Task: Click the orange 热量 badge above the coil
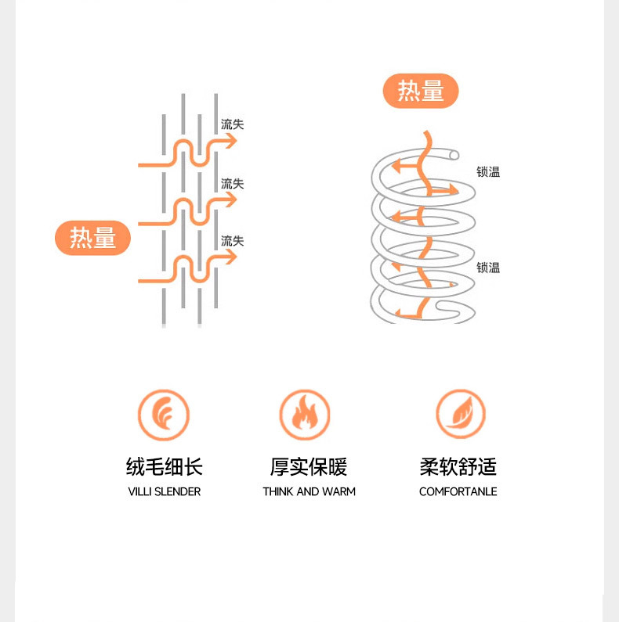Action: (421, 92)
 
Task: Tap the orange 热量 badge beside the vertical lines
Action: (92, 237)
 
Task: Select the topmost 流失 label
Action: (233, 124)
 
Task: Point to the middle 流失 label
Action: (233, 184)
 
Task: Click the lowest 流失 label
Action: (233, 241)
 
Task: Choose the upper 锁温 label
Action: (488, 172)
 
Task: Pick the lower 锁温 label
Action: (488, 268)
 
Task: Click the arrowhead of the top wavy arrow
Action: (230, 141)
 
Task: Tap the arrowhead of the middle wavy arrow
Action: (230, 200)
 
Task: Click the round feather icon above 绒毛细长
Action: (164, 415)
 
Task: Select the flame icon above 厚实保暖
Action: (305, 415)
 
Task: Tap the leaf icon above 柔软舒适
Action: (461, 415)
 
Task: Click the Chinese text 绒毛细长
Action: (165, 467)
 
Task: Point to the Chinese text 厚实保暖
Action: (309, 467)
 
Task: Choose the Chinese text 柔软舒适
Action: (458, 467)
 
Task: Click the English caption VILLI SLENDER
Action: (165, 492)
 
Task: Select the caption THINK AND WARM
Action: (309, 492)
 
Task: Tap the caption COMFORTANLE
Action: (458, 492)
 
